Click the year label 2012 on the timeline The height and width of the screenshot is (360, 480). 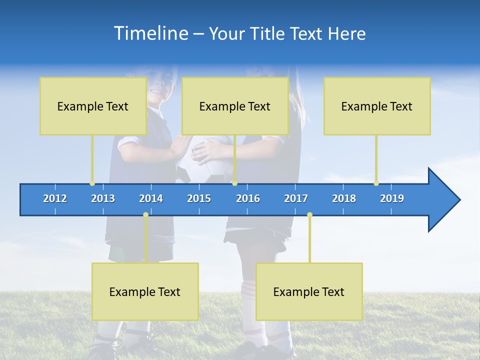[55, 198]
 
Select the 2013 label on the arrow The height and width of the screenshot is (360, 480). [103, 198]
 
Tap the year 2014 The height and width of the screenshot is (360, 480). [151, 198]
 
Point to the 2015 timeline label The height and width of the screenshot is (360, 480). [199, 198]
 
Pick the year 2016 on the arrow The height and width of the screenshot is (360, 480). [248, 198]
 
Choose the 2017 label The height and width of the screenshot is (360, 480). [296, 198]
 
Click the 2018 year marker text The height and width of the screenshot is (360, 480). [344, 198]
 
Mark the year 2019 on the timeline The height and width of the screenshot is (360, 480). [392, 198]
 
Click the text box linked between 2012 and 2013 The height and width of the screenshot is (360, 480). [93, 106]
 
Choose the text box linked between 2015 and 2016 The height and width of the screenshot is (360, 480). [235, 106]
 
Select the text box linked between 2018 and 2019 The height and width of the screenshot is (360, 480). [377, 106]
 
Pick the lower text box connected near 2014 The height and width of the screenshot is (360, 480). [145, 291]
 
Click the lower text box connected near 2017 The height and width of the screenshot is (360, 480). [309, 291]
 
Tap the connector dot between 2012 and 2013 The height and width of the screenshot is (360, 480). [92, 183]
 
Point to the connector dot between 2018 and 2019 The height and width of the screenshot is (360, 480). [376, 183]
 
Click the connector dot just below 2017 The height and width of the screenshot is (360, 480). [309, 215]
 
